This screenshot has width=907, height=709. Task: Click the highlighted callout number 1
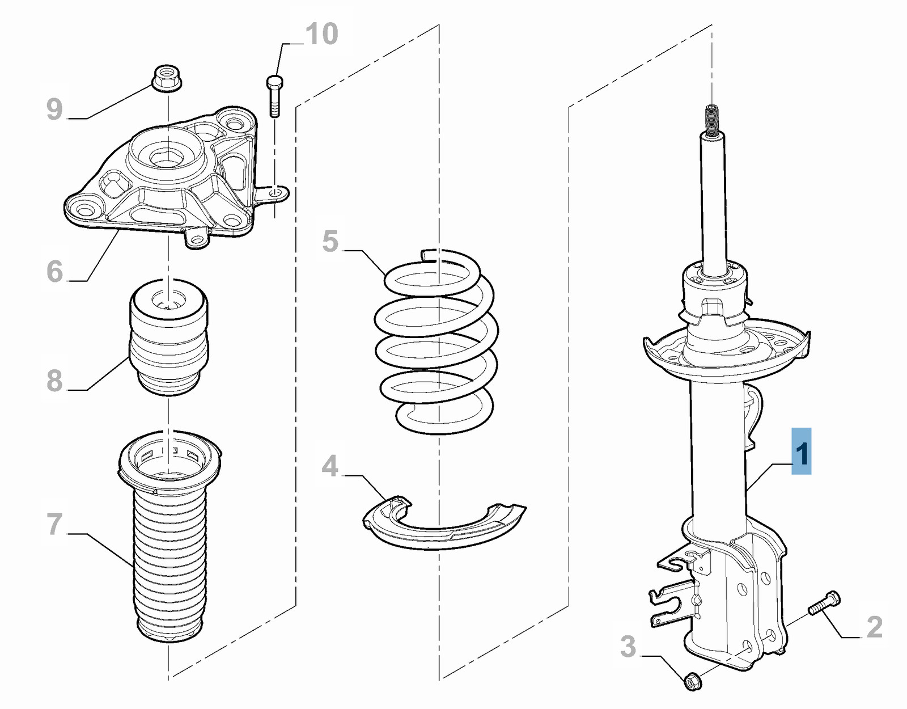click(801, 451)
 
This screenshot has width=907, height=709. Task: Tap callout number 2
click(874, 627)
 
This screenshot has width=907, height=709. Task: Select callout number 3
click(628, 646)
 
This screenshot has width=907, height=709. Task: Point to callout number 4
click(330, 466)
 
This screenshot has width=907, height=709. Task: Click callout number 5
click(330, 241)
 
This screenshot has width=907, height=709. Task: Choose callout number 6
click(54, 271)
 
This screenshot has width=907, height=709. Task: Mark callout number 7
click(54, 524)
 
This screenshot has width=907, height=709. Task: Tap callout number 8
click(54, 380)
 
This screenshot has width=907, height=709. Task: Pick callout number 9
click(54, 109)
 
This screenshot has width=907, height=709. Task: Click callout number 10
click(322, 34)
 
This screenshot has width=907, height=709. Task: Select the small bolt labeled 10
click(274, 96)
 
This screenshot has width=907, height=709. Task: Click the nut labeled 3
click(692, 680)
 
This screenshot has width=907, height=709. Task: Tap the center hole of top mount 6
click(167, 157)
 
